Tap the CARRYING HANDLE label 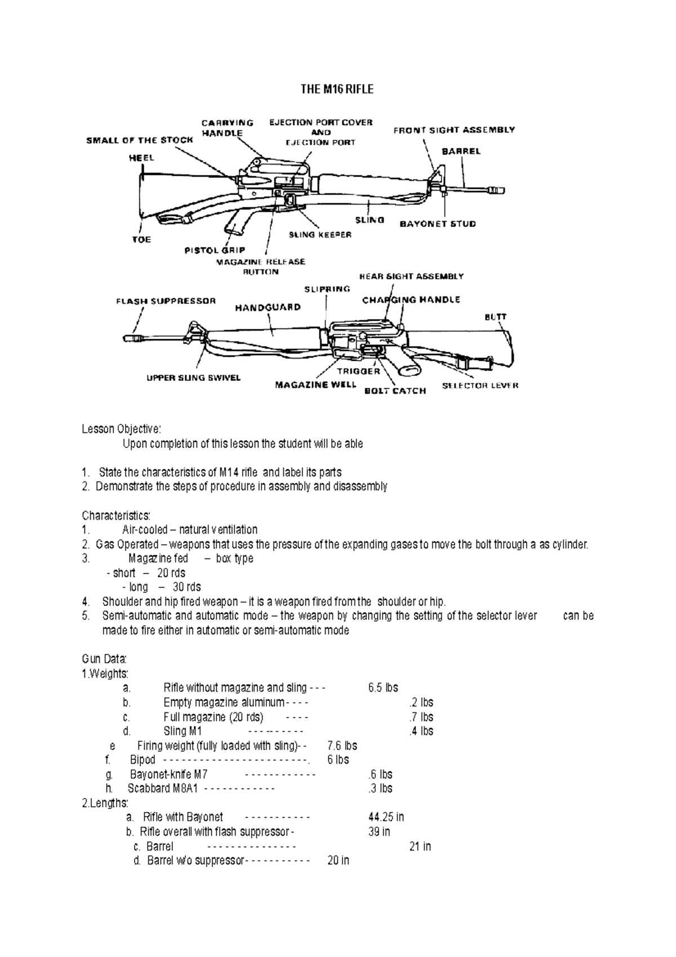pos(227,127)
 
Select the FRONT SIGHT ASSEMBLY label pos(453,130)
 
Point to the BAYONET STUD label pos(438,224)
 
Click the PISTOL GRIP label pos(215,251)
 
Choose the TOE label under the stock pos(141,240)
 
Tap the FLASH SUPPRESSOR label pos(166,301)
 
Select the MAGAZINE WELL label pos(315,384)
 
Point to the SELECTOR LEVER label pos(480,386)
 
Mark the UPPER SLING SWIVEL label pos(193,378)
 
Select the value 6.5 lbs pos(383,688)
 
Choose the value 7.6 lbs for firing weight pos(342,746)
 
